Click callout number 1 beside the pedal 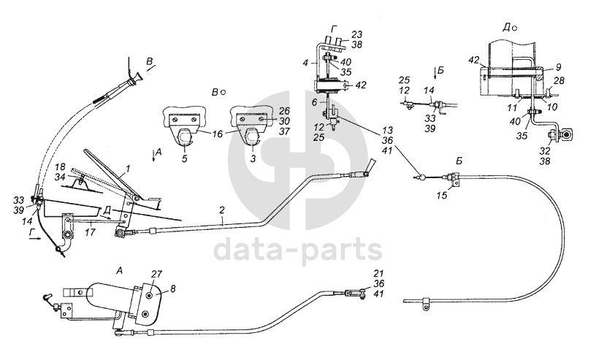128,169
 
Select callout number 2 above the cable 221,210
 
